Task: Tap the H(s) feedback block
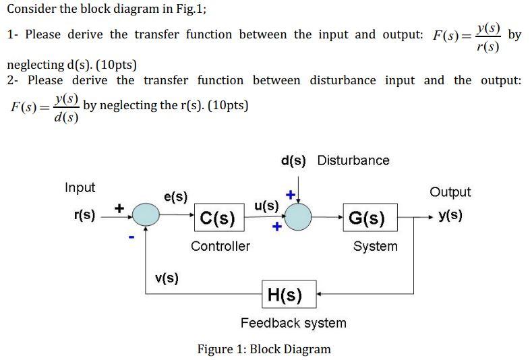(x=289, y=295)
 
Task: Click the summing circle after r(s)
(x=146, y=216)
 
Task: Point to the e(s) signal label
(x=176, y=198)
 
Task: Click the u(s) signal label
(x=266, y=206)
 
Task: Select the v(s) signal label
(x=167, y=278)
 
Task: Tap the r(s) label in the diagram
(x=84, y=216)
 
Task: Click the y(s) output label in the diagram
(x=450, y=216)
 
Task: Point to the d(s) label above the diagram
(x=293, y=160)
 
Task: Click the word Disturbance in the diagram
(x=353, y=160)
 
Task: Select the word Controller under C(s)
(x=220, y=246)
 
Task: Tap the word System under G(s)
(x=376, y=246)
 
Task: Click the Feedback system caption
(x=293, y=323)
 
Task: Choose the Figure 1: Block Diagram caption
(x=264, y=349)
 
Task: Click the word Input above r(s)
(x=80, y=187)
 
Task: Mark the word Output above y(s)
(x=450, y=192)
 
